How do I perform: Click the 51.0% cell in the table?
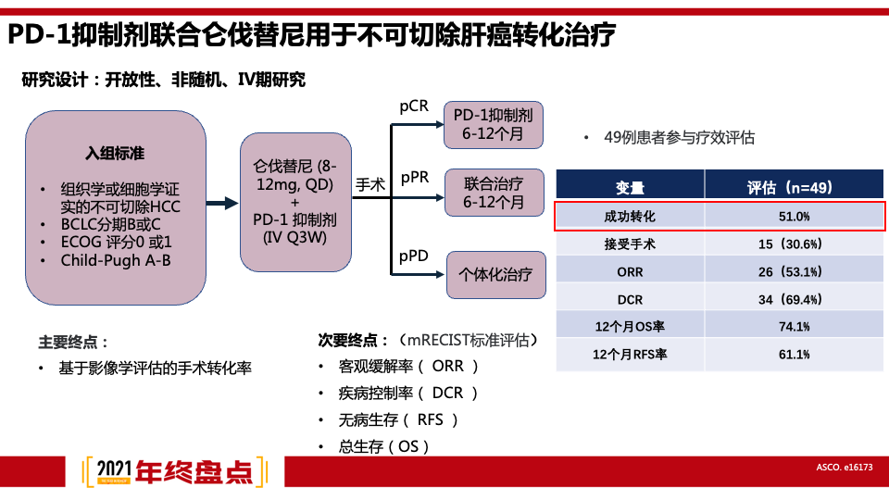click(794, 216)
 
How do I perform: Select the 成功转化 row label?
click(630, 216)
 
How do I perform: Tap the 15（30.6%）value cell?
click(794, 244)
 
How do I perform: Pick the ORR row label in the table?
click(630, 272)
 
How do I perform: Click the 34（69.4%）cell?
click(794, 300)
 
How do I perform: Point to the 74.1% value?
click(794, 327)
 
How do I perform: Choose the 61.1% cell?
click(794, 355)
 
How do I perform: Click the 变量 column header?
click(630, 187)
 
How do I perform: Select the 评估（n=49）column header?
click(794, 187)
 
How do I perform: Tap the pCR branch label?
click(414, 106)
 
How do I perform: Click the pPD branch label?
click(414, 256)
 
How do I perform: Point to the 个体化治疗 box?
click(495, 274)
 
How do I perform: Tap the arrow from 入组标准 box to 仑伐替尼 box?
click(222, 205)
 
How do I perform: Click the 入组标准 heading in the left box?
click(116, 152)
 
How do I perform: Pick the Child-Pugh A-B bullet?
click(116, 260)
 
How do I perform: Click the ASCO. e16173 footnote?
click(845, 469)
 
